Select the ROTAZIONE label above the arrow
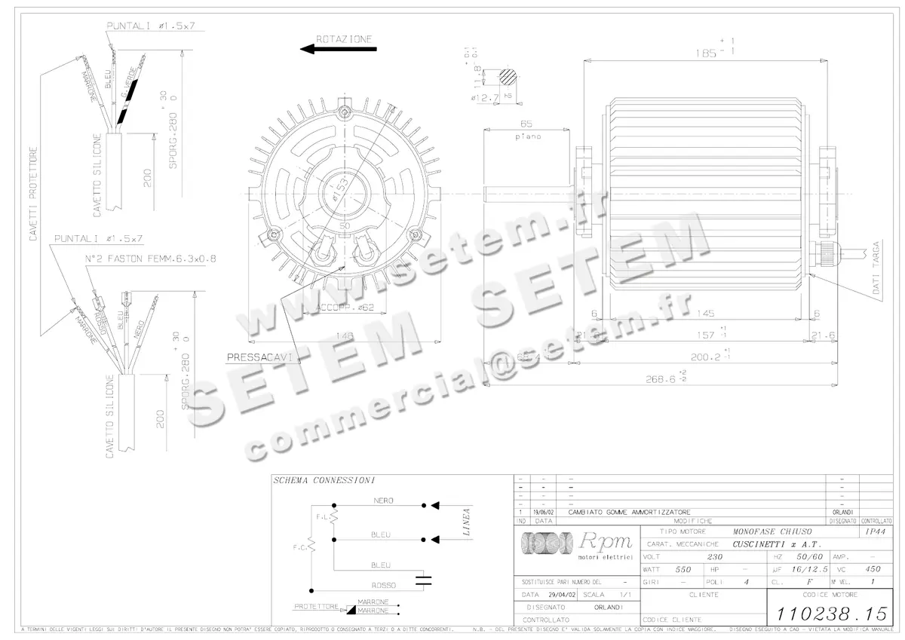[x=344, y=38]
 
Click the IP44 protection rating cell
[x=876, y=531]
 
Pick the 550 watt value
[x=683, y=569]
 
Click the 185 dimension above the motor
[x=708, y=54]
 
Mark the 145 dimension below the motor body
[x=707, y=313]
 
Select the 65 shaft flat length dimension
[x=527, y=124]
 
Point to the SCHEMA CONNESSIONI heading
[x=324, y=480]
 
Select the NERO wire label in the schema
[x=382, y=501]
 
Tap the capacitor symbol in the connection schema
[x=425, y=580]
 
